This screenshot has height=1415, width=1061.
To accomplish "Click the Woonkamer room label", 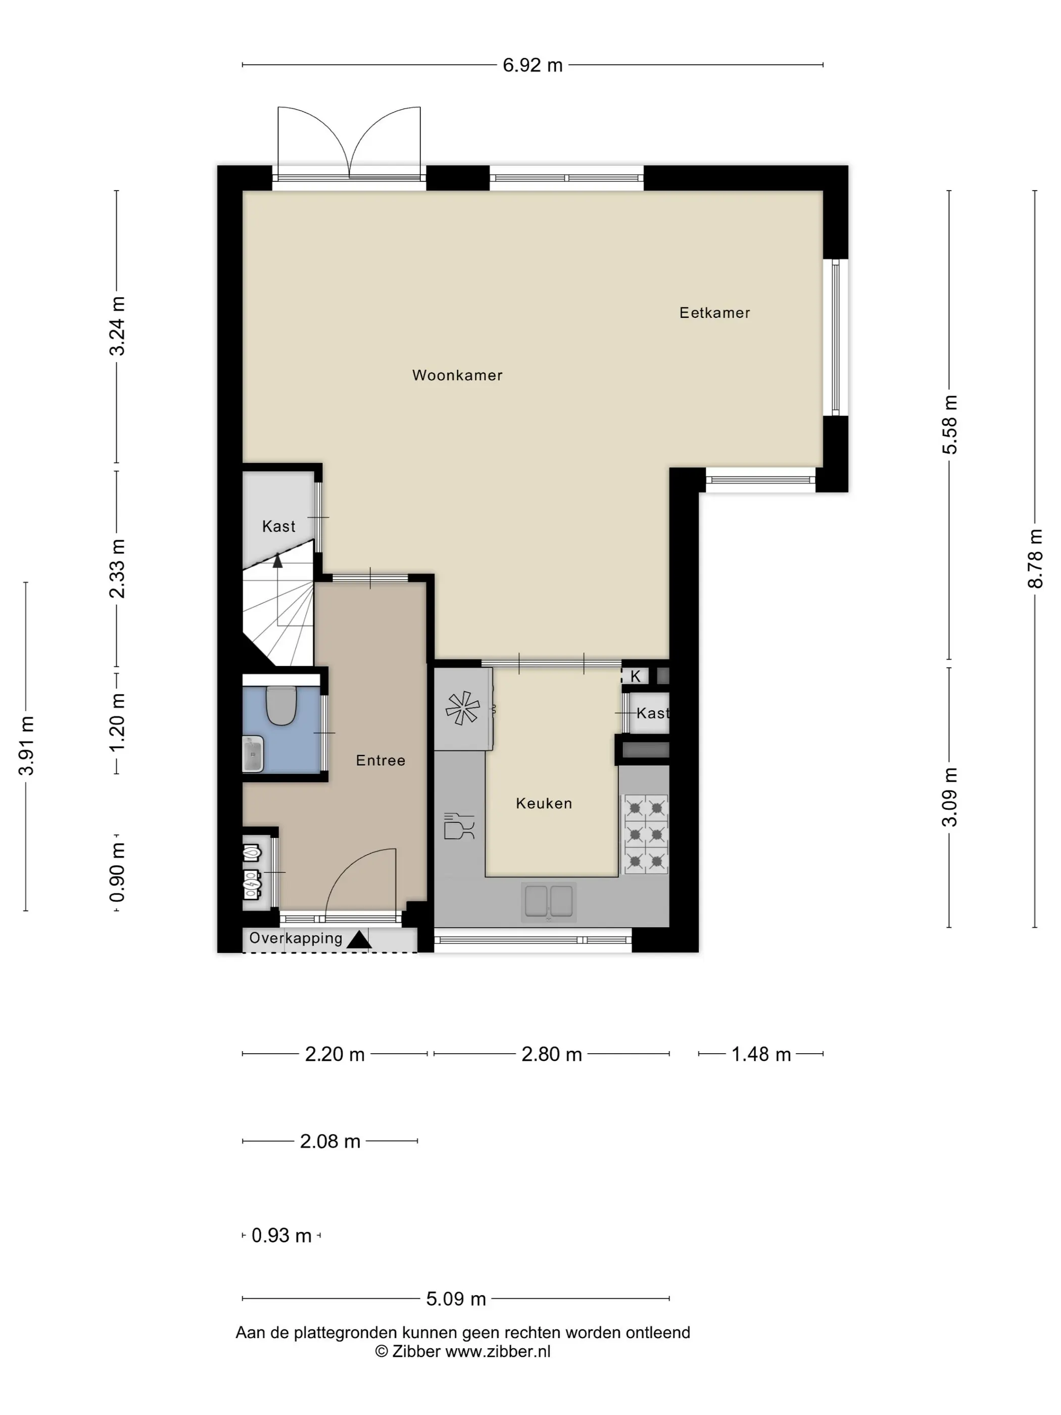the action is coord(457,375).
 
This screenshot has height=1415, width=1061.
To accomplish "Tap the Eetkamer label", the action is coord(714,313).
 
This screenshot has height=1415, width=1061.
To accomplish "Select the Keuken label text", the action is coord(544,804).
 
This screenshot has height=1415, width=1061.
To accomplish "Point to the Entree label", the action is coord(380,761).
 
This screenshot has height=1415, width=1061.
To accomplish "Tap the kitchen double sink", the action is coord(549,902).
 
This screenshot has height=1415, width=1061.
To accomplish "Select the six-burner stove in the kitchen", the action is coord(645,834).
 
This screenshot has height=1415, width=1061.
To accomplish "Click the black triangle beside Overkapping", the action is coord(359,939).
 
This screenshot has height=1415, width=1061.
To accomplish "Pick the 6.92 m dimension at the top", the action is coord(532,65).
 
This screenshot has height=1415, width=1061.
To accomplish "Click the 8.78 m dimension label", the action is coord(1035,558).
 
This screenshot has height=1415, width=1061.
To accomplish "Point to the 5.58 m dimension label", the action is coord(950,425).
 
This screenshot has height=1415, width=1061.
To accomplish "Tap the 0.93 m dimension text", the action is coord(281,1235).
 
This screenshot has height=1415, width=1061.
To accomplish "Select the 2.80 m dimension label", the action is coord(551,1054).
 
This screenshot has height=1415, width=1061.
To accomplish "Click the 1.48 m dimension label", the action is coord(761,1054).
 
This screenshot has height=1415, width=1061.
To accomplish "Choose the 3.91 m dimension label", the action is coord(26,746).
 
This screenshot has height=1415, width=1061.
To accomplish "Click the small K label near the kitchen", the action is coord(635,676).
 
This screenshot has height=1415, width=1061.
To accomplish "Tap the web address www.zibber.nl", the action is coord(498,1351).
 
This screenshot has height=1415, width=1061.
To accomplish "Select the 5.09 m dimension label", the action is coord(456,1299).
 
